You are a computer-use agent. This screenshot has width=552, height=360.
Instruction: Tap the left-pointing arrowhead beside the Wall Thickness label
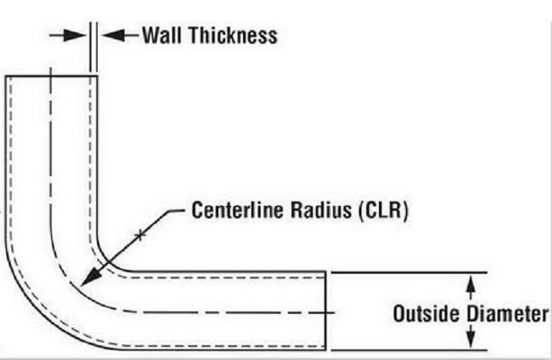pos(108,35)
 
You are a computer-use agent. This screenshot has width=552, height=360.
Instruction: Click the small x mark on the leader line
pos(139,235)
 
